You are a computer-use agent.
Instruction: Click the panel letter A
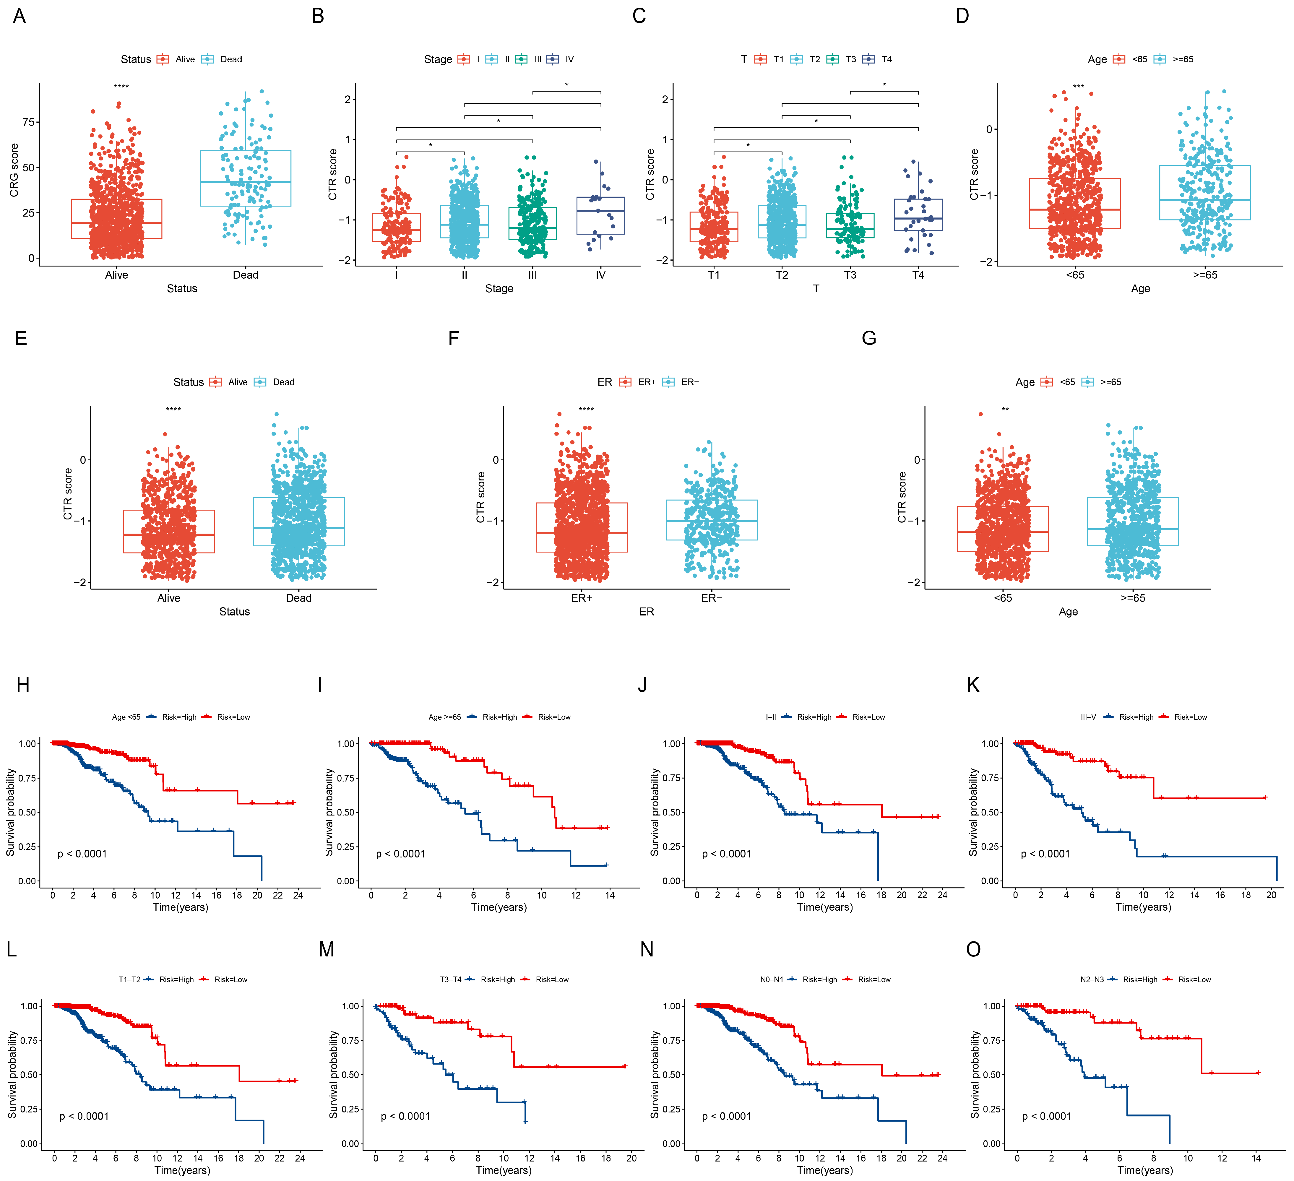[x=19, y=16]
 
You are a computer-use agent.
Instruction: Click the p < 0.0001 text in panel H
[x=82, y=854]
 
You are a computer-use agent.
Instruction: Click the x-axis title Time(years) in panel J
[x=825, y=907]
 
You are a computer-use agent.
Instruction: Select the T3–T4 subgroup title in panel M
[x=451, y=979]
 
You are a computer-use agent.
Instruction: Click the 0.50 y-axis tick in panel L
[x=30, y=1074]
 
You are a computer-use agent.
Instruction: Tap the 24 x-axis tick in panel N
[x=942, y=1158]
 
